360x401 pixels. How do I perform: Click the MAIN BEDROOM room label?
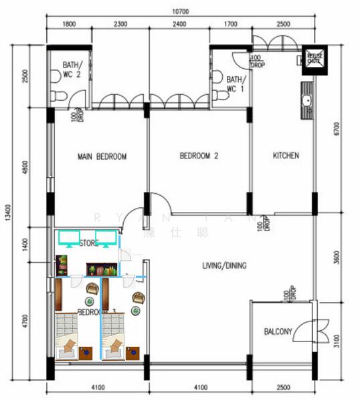tap(102, 157)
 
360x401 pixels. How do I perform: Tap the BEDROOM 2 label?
tap(199, 157)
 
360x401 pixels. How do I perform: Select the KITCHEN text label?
tap(286, 156)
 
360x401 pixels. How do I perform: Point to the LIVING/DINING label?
tap(224, 266)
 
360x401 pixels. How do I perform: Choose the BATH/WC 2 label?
tap(71, 70)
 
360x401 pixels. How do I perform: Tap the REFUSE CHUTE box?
tap(314, 59)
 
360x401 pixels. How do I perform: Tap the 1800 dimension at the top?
tap(68, 25)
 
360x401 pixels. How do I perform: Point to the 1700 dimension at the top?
tap(230, 25)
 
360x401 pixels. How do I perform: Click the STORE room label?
tap(89, 243)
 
